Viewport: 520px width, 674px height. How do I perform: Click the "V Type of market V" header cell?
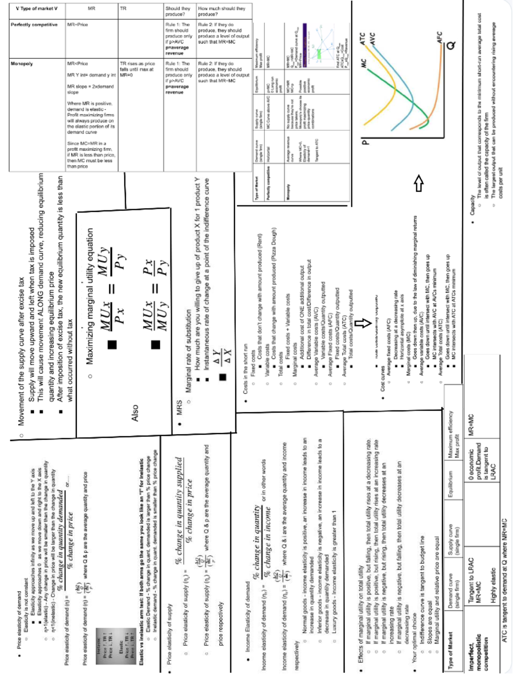click(36, 9)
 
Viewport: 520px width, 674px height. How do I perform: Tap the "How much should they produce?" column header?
click(221, 11)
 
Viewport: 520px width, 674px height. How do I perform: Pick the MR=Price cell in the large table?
click(78, 25)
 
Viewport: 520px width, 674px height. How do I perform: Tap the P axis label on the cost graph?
click(365, 142)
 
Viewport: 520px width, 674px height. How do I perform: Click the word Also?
click(135, 413)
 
